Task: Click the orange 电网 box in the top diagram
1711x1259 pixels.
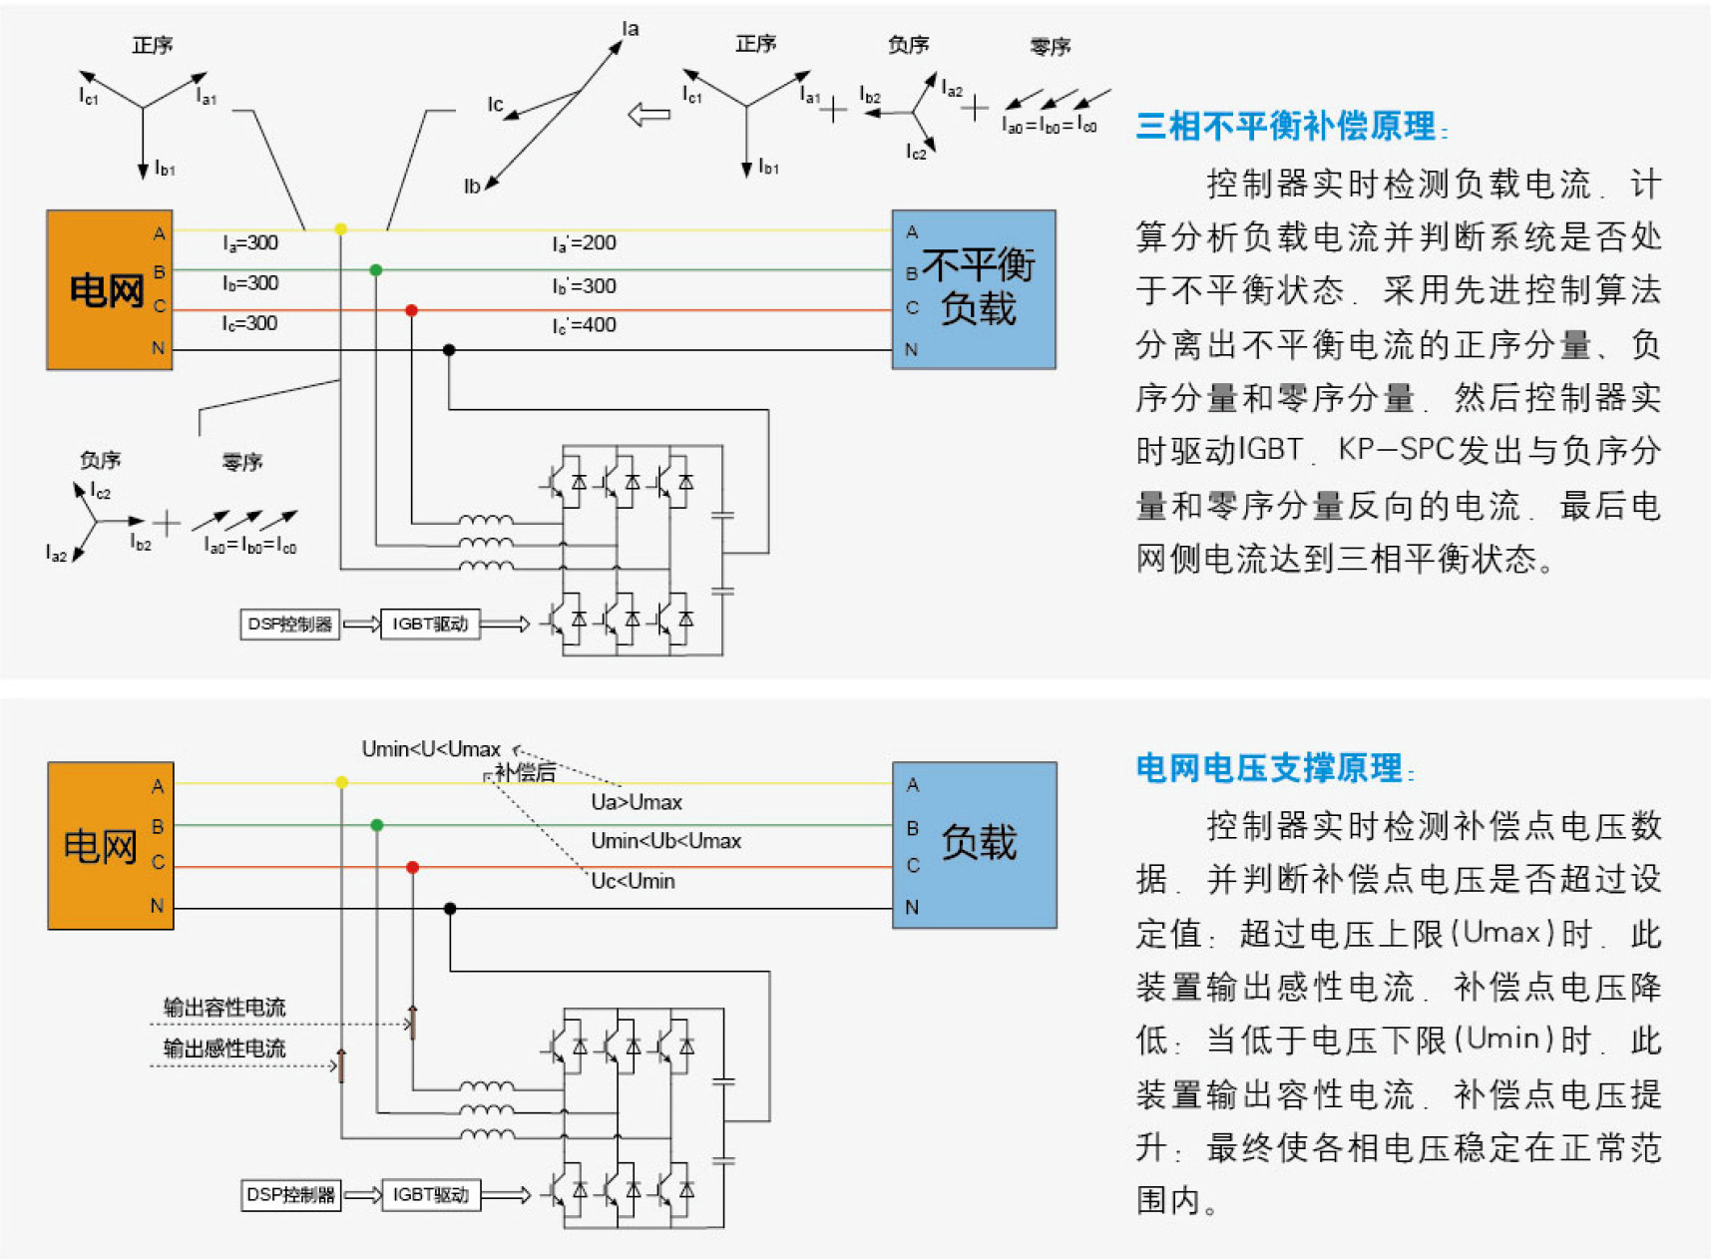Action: point(109,289)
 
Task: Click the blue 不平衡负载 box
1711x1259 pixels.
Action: point(974,289)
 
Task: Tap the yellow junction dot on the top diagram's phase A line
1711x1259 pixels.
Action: point(341,229)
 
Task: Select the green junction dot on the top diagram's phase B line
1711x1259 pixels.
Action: point(376,270)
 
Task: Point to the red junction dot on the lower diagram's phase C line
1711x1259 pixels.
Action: point(412,868)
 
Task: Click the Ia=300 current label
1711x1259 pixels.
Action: point(250,243)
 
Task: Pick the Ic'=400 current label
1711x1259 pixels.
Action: point(585,325)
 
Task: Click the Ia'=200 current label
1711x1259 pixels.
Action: point(585,243)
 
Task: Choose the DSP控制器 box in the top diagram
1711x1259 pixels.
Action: point(289,625)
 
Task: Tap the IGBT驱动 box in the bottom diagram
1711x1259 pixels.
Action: point(430,1194)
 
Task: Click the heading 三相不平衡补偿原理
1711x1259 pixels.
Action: point(1287,126)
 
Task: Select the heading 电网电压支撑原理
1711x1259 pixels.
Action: point(1270,768)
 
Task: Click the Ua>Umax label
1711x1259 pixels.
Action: point(637,802)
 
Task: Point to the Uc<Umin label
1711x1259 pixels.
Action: point(634,882)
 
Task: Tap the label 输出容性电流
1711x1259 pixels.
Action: point(224,1008)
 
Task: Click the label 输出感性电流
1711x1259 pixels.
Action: point(224,1049)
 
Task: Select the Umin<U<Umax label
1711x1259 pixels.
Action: point(431,749)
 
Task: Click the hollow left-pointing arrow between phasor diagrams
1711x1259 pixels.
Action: point(649,114)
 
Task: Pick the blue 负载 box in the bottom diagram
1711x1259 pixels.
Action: point(974,845)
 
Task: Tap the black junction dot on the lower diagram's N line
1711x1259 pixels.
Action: point(450,909)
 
